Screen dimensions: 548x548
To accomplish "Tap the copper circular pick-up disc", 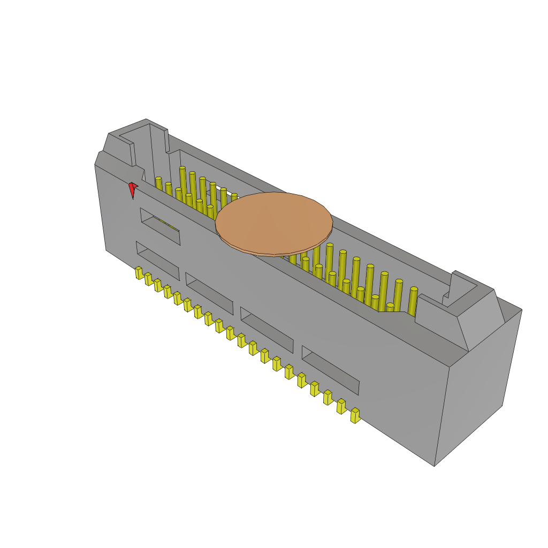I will tap(274, 222).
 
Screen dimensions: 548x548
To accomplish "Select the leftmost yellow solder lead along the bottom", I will tap(139, 273).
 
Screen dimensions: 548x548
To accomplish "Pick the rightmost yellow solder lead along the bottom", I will tap(355, 415).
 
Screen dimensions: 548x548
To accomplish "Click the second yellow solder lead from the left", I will tap(149, 279).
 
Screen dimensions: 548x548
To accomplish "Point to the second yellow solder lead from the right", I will tap(341, 406).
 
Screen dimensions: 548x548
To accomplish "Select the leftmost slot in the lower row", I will tap(158, 261).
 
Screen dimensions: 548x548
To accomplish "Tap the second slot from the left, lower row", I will tap(209, 294).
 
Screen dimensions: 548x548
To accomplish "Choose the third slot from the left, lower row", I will tap(267, 330).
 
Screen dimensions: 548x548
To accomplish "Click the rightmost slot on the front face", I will tap(330, 370).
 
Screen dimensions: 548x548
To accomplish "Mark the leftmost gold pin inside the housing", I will tap(158, 184).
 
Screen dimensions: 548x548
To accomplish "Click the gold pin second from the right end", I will tap(398, 294).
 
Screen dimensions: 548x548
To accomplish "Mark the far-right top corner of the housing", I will tap(521, 310).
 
